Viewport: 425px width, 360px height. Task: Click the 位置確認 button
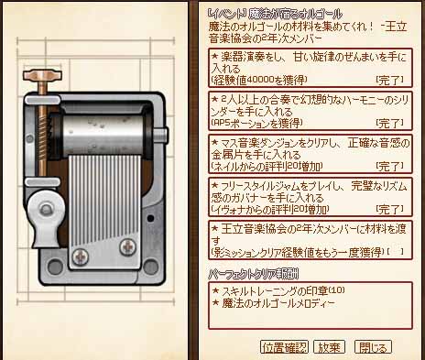284,347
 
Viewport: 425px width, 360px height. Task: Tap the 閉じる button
373,347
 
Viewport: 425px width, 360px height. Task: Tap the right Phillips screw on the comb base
136,249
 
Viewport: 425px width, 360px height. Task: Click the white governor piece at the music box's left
40,215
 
